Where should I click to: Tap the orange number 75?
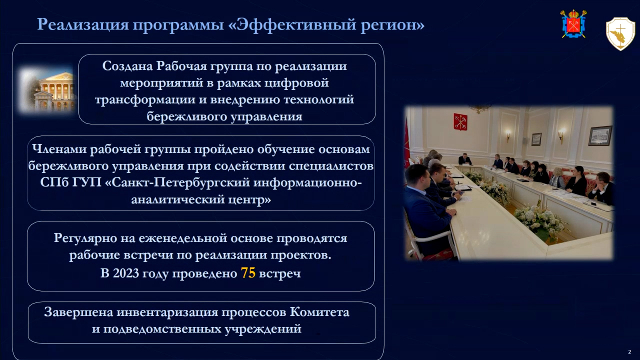tap(248, 273)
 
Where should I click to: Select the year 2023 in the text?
tap(125, 273)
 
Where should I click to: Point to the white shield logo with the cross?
tap(620, 33)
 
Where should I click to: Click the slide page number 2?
tap(629, 352)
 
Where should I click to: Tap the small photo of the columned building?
tap(47, 90)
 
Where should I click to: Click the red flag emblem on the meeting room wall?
tap(460, 121)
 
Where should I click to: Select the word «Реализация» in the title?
tap(83, 25)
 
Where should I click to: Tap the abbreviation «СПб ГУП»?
tap(71, 182)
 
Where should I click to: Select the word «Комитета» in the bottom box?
tap(319, 312)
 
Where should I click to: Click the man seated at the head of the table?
tap(465, 159)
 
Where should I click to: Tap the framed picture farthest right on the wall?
tap(600, 135)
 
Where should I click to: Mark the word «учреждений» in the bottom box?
tap(263, 329)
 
